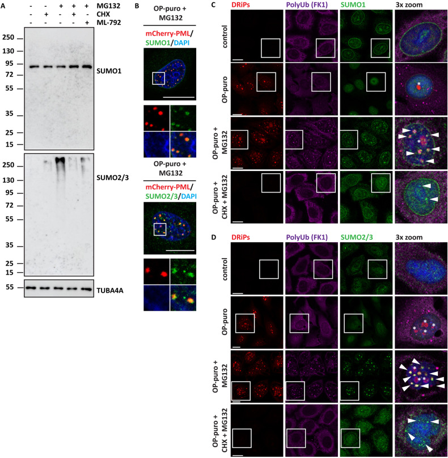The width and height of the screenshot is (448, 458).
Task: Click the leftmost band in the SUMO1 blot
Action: coord(34,67)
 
